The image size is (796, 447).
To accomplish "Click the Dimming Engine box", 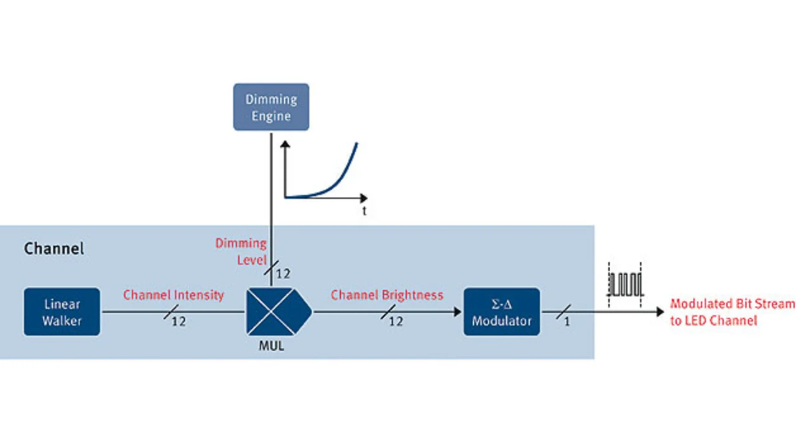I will pyautogui.click(x=271, y=107).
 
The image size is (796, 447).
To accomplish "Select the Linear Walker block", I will pyautogui.click(x=62, y=312).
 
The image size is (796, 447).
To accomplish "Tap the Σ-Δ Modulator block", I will pyautogui.click(x=501, y=312).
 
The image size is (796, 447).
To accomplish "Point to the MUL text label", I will pyautogui.click(x=271, y=346).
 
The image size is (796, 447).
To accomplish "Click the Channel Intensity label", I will pyautogui.click(x=174, y=295).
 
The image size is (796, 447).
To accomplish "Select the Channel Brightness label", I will pyautogui.click(x=387, y=295).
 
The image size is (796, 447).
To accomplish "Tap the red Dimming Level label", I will pyautogui.click(x=241, y=251).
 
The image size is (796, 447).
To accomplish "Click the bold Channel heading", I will pyautogui.click(x=53, y=249).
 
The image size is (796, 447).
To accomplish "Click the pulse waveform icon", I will pyautogui.click(x=624, y=284).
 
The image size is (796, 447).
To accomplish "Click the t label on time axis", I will pyautogui.click(x=364, y=211).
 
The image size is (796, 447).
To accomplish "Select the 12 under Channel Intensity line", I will pyautogui.click(x=178, y=321).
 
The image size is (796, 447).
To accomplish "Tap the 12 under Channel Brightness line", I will pyautogui.click(x=396, y=321).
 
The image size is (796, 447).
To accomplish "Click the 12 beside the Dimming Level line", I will pyautogui.click(x=283, y=274).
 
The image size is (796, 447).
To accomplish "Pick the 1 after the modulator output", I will pyautogui.click(x=567, y=322).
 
